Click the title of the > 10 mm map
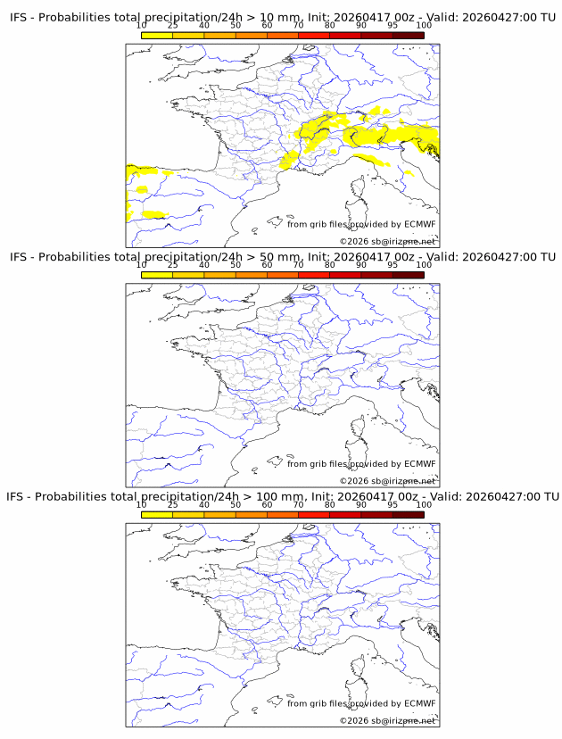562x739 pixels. tap(282, 17)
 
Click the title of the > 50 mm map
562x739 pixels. tap(282, 257)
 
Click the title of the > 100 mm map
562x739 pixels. tap(282, 496)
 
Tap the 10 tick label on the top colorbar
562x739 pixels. tap(142, 25)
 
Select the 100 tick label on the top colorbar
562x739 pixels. tap(424, 25)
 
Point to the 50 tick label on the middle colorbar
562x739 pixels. tap(236, 265)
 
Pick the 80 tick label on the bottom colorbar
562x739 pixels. tap(330, 504)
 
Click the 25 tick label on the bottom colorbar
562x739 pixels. tap(173, 504)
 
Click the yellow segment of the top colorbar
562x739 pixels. tap(157, 35)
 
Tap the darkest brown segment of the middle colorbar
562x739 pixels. tap(408, 275)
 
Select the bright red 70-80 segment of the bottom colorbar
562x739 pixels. tap(314, 514)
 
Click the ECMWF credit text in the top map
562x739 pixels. tap(361, 224)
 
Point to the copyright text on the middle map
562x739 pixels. tap(387, 481)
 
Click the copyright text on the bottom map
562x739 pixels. tap(387, 720)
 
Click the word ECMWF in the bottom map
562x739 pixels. tap(420, 703)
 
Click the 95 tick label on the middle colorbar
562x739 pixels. tap(393, 265)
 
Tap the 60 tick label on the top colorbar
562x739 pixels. tap(267, 25)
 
